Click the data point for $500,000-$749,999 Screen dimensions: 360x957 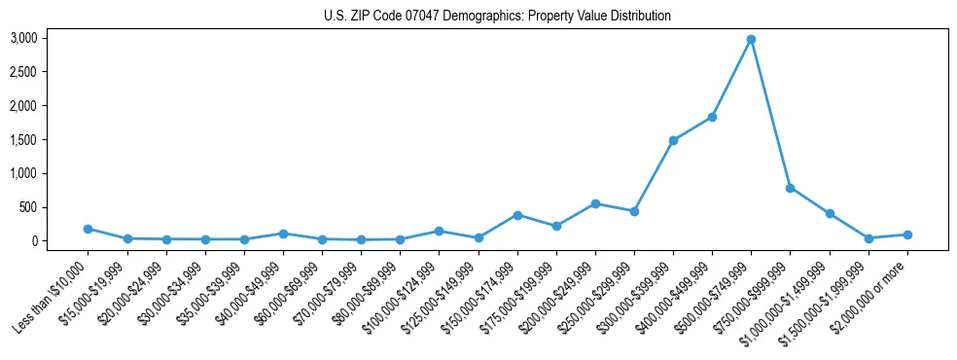pyautogui.click(x=751, y=40)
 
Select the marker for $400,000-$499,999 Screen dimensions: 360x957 pyautogui.click(x=712, y=117)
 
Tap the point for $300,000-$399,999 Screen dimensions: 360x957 pyautogui.click(x=673, y=140)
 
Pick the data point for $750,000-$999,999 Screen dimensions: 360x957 pyautogui.click(x=790, y=188)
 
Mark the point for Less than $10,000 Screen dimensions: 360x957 pyautogui.click(x=88, y=229)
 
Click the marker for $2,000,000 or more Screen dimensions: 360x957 pyautogui.click(x=906, y=234)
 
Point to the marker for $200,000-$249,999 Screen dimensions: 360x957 pyautogui.click(x=595, y=203)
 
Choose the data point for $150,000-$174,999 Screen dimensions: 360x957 pyautogui.click(x=517, y=215)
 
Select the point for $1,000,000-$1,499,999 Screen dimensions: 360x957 pyautogui.click(x=829, y=213)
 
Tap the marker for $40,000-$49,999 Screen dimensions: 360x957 pyautogui.click(x=283, y=234)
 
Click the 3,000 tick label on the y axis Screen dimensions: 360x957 pyautogui.click(x=51, y=38)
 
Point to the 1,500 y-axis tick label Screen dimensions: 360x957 pyautogui.click(x=51, y=140)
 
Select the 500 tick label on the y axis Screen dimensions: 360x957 pyautogui.click(x=56, y=207)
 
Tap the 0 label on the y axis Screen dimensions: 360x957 pyautogui.click(x=62, y=241)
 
